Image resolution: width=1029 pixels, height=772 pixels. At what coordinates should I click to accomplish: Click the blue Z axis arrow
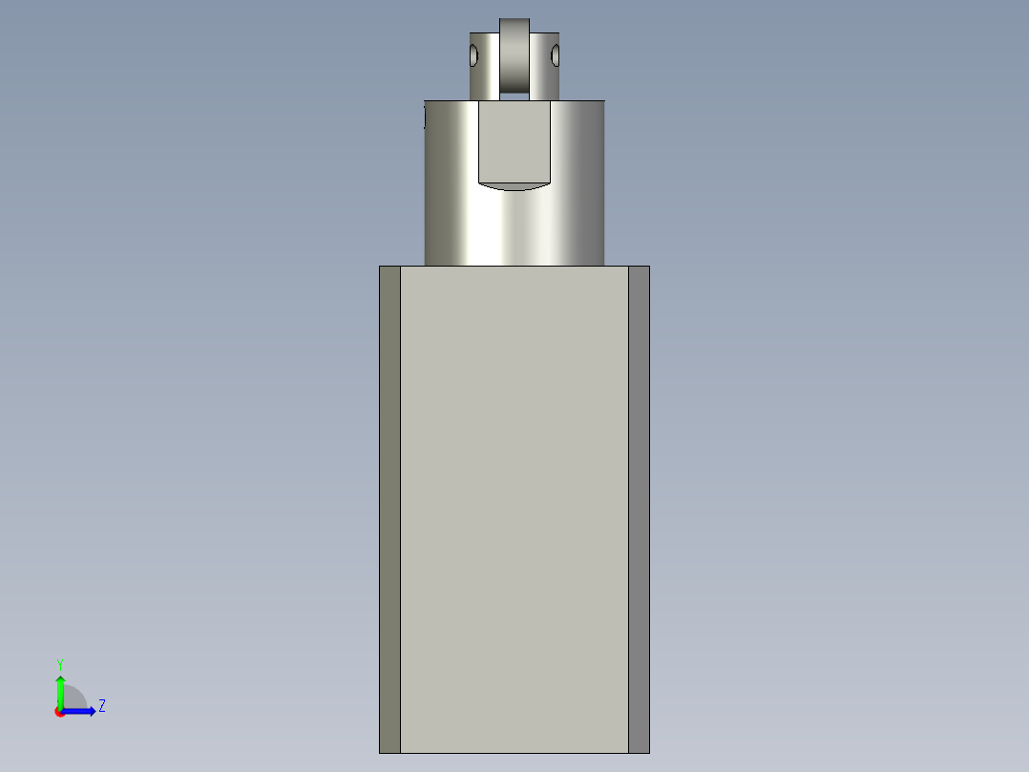click(x=82, y=711)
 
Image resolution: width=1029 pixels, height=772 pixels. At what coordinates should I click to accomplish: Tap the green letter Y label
click(x=59, y=664)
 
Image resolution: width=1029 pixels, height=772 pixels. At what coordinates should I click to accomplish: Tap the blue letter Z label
click(x=101, y=706)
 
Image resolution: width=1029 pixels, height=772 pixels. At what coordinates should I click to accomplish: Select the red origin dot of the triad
click(x=59, y=712)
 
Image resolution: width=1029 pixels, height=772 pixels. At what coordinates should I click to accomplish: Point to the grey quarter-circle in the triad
click(x=74, y=698)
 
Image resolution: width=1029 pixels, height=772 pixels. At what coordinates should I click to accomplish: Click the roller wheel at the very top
click(x=515, y=53)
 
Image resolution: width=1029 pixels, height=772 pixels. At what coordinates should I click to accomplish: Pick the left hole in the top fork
click(x=472, y=56)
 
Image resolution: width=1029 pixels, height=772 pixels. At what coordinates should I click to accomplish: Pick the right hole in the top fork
click(x=555, y=56)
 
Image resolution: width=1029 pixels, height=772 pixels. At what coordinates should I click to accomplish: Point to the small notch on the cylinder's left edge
click(x=425, y=118)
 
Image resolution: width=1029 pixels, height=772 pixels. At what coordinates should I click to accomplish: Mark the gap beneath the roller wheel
click(x=515, y=95)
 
